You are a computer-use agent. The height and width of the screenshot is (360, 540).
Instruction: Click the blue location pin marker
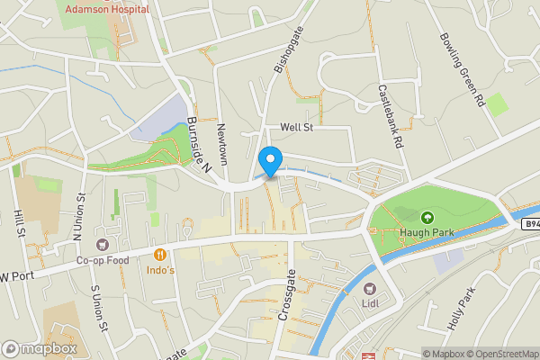pyautogui.click(x=269, y=162)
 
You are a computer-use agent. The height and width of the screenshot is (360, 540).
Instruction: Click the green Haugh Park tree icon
pyautogui.click(x=427, y=217)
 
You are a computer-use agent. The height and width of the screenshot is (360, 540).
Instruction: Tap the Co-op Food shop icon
pyautogui.click(x=102, y=244)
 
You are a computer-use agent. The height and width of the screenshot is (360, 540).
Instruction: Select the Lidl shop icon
pyautogui.click(x=369, y=288)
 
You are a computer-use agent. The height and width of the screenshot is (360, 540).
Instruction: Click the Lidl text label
pyautogui.click(x=369, y=303)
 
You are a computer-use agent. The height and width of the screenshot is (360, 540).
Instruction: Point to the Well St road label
pyautogui.click(x=296, y=128)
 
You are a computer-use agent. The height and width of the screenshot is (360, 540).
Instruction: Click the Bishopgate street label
pyautogui.click(x=283, y=49)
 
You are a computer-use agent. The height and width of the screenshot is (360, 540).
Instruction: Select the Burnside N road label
pyautogui.click(x=198, y=144)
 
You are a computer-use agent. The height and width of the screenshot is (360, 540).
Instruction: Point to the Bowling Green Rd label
pyautogui.click(x=463, y=71)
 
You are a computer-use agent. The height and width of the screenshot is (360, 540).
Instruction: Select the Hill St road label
pyautogui.click(x=19, y=221)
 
